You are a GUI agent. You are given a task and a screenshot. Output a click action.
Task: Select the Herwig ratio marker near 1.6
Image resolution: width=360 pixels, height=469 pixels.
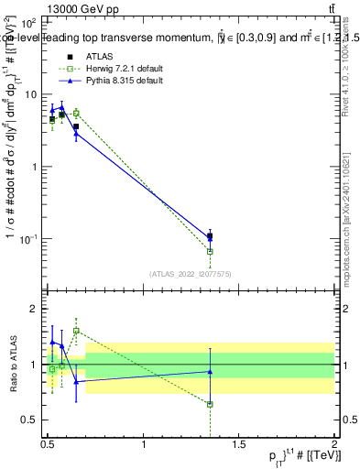pyautogui.click(x=76, y=331)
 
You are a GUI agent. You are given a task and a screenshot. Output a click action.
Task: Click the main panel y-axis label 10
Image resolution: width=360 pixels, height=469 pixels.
pyautogui.click(x=30, y=94)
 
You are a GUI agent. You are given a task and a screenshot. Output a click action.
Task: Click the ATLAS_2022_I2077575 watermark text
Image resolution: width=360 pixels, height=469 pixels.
pyautogui.click(x=191, y=272)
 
